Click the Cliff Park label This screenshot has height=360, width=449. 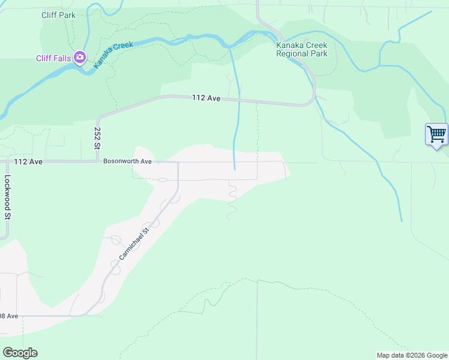[x=59, y=15]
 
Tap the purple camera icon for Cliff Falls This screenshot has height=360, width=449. [x=80, y=58]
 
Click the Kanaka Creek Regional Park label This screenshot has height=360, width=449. [x=301, y=49]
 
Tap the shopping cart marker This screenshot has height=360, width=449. [x=436, y=134]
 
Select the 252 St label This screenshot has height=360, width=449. [x=97, y=138]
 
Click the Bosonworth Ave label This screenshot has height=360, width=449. [x=127, y=161]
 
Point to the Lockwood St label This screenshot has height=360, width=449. [x=8, y=196]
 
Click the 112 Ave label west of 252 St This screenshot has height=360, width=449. [x=28, y=162]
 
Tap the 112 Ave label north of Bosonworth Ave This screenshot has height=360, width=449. [x=206, y=98]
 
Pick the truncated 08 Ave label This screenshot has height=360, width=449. [x=9, y=316]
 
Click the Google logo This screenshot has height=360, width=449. [x=20, y=353]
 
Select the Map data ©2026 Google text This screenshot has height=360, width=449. [x=412, y=355]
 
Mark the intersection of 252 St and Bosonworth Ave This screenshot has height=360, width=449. [x=97, y=161]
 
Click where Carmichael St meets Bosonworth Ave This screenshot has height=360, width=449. [x=178, y=162]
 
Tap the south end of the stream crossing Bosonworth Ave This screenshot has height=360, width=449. [x=234, y=169]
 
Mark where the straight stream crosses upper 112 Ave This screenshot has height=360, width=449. [x=240, y=100]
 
